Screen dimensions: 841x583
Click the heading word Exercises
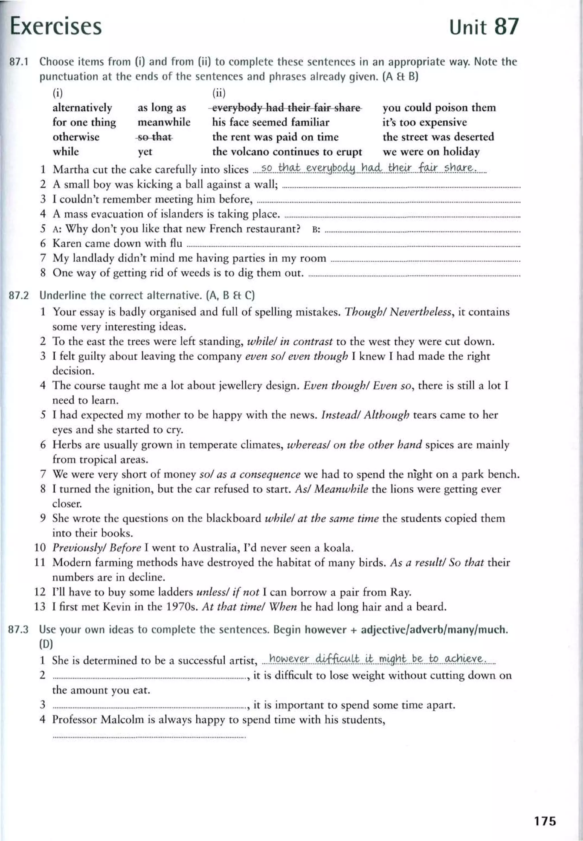(56, 26)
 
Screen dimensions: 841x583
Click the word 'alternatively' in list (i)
(82, 108)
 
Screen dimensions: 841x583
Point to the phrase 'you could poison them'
(439, 108)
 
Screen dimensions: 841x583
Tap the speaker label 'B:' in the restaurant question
(316, 230)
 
